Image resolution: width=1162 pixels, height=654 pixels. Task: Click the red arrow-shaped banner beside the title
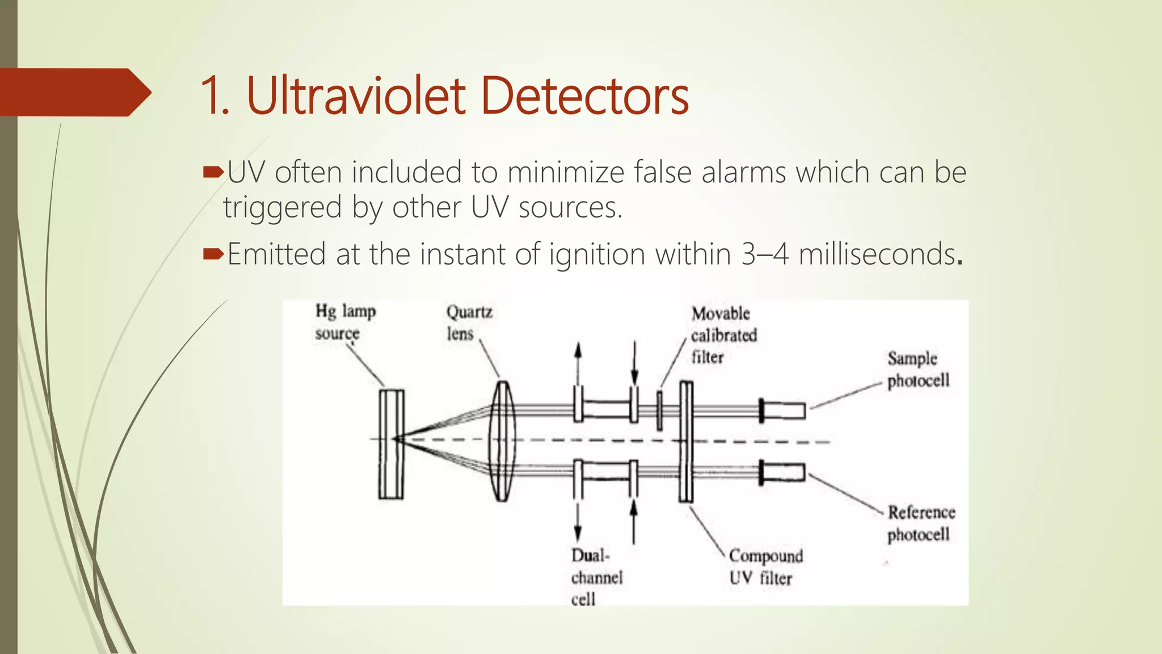(x=74, y=92)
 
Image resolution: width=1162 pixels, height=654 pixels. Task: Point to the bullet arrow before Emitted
(x=213, y=253)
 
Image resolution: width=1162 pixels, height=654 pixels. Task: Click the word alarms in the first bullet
(x=743, y=172)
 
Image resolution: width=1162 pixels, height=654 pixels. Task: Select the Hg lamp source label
(x=345, y=322)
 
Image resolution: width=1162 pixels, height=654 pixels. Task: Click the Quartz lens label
(x=469, y=322)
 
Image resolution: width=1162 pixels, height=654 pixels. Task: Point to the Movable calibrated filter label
(x=723, y=335)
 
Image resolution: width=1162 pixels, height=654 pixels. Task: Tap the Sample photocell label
(x=917, y=369)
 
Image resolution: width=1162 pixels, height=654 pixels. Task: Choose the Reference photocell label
(x=920, y=523)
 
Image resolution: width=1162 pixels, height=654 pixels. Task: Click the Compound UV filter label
(x=765, y=567)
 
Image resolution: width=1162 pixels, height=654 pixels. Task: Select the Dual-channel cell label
(x=596, y=577)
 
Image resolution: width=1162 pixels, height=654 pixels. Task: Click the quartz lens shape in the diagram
(x=502, y=441)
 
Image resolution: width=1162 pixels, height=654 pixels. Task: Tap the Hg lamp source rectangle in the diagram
(x=391, y=443)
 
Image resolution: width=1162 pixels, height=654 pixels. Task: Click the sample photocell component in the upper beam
(x=783, y=410)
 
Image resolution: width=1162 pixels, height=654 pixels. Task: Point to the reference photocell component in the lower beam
(x=783, y=472)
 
